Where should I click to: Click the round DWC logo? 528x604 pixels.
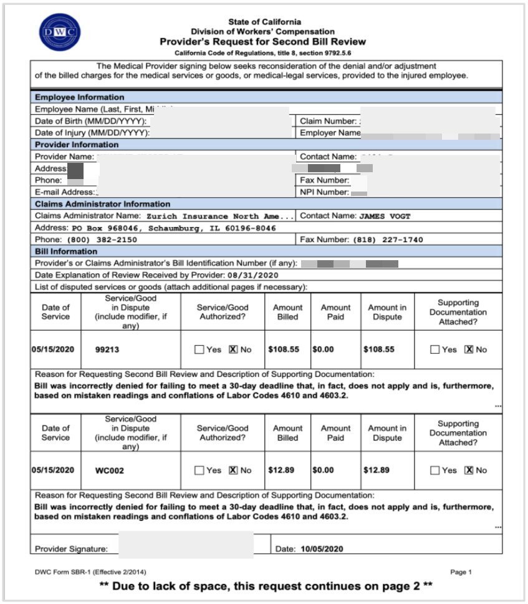coord(59,32)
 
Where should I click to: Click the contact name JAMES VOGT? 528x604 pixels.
coord(385,216)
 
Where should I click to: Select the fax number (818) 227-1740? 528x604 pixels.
coord(388,240)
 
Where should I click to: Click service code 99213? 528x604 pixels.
coord(107,349)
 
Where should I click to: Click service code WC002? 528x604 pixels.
coord(109,470)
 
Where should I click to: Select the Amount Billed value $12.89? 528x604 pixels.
coord(281,470)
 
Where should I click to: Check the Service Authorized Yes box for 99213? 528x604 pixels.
coord(199,349)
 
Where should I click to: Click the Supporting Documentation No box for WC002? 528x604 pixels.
coord(469,470)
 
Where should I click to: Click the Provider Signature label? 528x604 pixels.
coord(71,550)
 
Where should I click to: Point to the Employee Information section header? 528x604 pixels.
coord(79,97)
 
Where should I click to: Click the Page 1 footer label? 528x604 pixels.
coord(461,572)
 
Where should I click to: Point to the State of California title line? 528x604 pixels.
coord(264,22)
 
